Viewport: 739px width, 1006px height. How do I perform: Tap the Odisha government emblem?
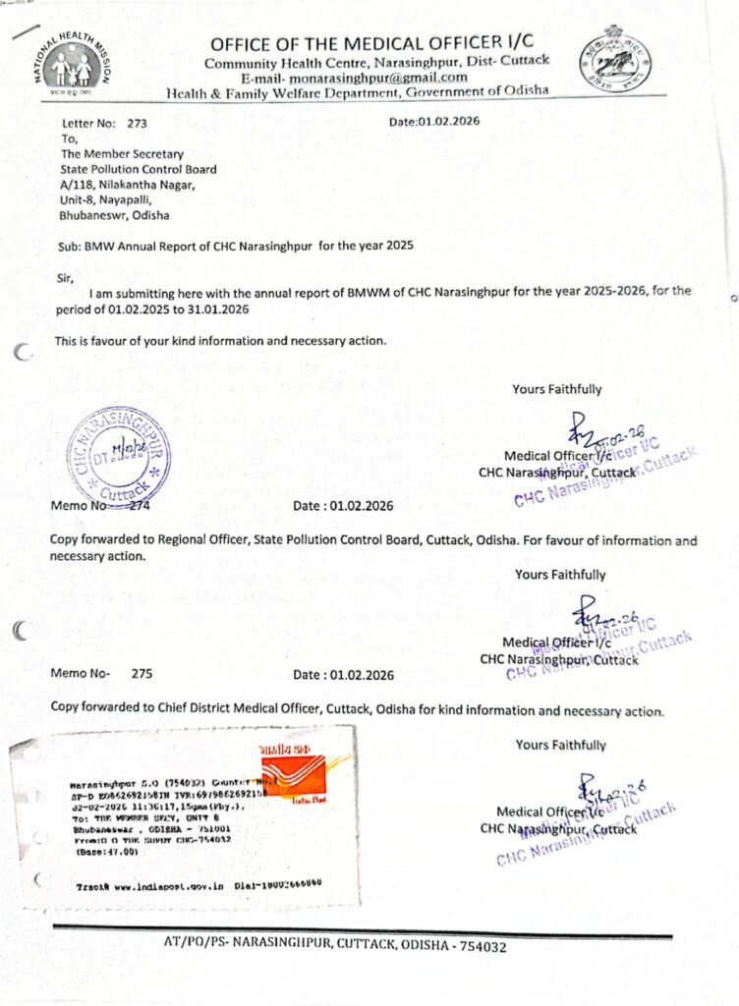tap(614, 59)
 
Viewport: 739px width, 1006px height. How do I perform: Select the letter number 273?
tap(137, 124)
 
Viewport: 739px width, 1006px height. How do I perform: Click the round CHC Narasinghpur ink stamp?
tap(117, 452)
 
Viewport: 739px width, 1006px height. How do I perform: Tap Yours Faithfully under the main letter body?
tap(556, 389)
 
